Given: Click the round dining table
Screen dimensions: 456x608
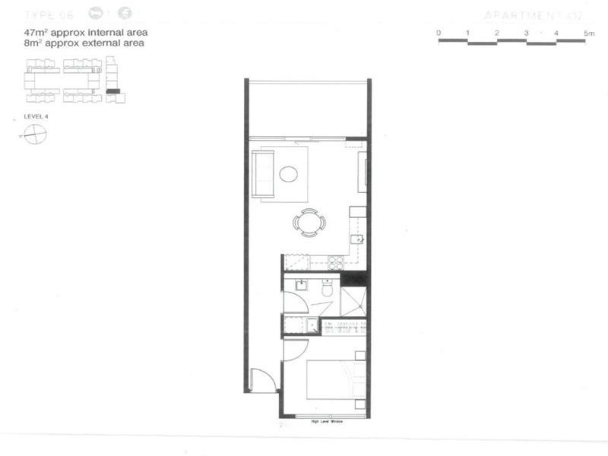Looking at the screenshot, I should (x=309, y=223).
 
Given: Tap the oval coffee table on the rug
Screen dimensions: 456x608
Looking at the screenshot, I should (x=288, y=175).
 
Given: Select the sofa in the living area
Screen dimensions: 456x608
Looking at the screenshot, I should (x=262, y=174).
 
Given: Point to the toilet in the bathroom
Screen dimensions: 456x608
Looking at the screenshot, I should (x=328, y=289).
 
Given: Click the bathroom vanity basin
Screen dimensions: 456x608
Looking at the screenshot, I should (x=301, y=287).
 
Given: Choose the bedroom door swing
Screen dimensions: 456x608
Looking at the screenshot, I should (x=293, y=350).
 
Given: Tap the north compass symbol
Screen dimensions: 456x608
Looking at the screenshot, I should (x=35, y=135).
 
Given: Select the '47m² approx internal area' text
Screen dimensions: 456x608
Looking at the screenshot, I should (x=85, y=33).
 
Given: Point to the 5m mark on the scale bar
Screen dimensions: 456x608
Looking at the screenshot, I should (x=589, y=33).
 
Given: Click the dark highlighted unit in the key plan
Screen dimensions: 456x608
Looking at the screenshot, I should (x=112, y=90).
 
